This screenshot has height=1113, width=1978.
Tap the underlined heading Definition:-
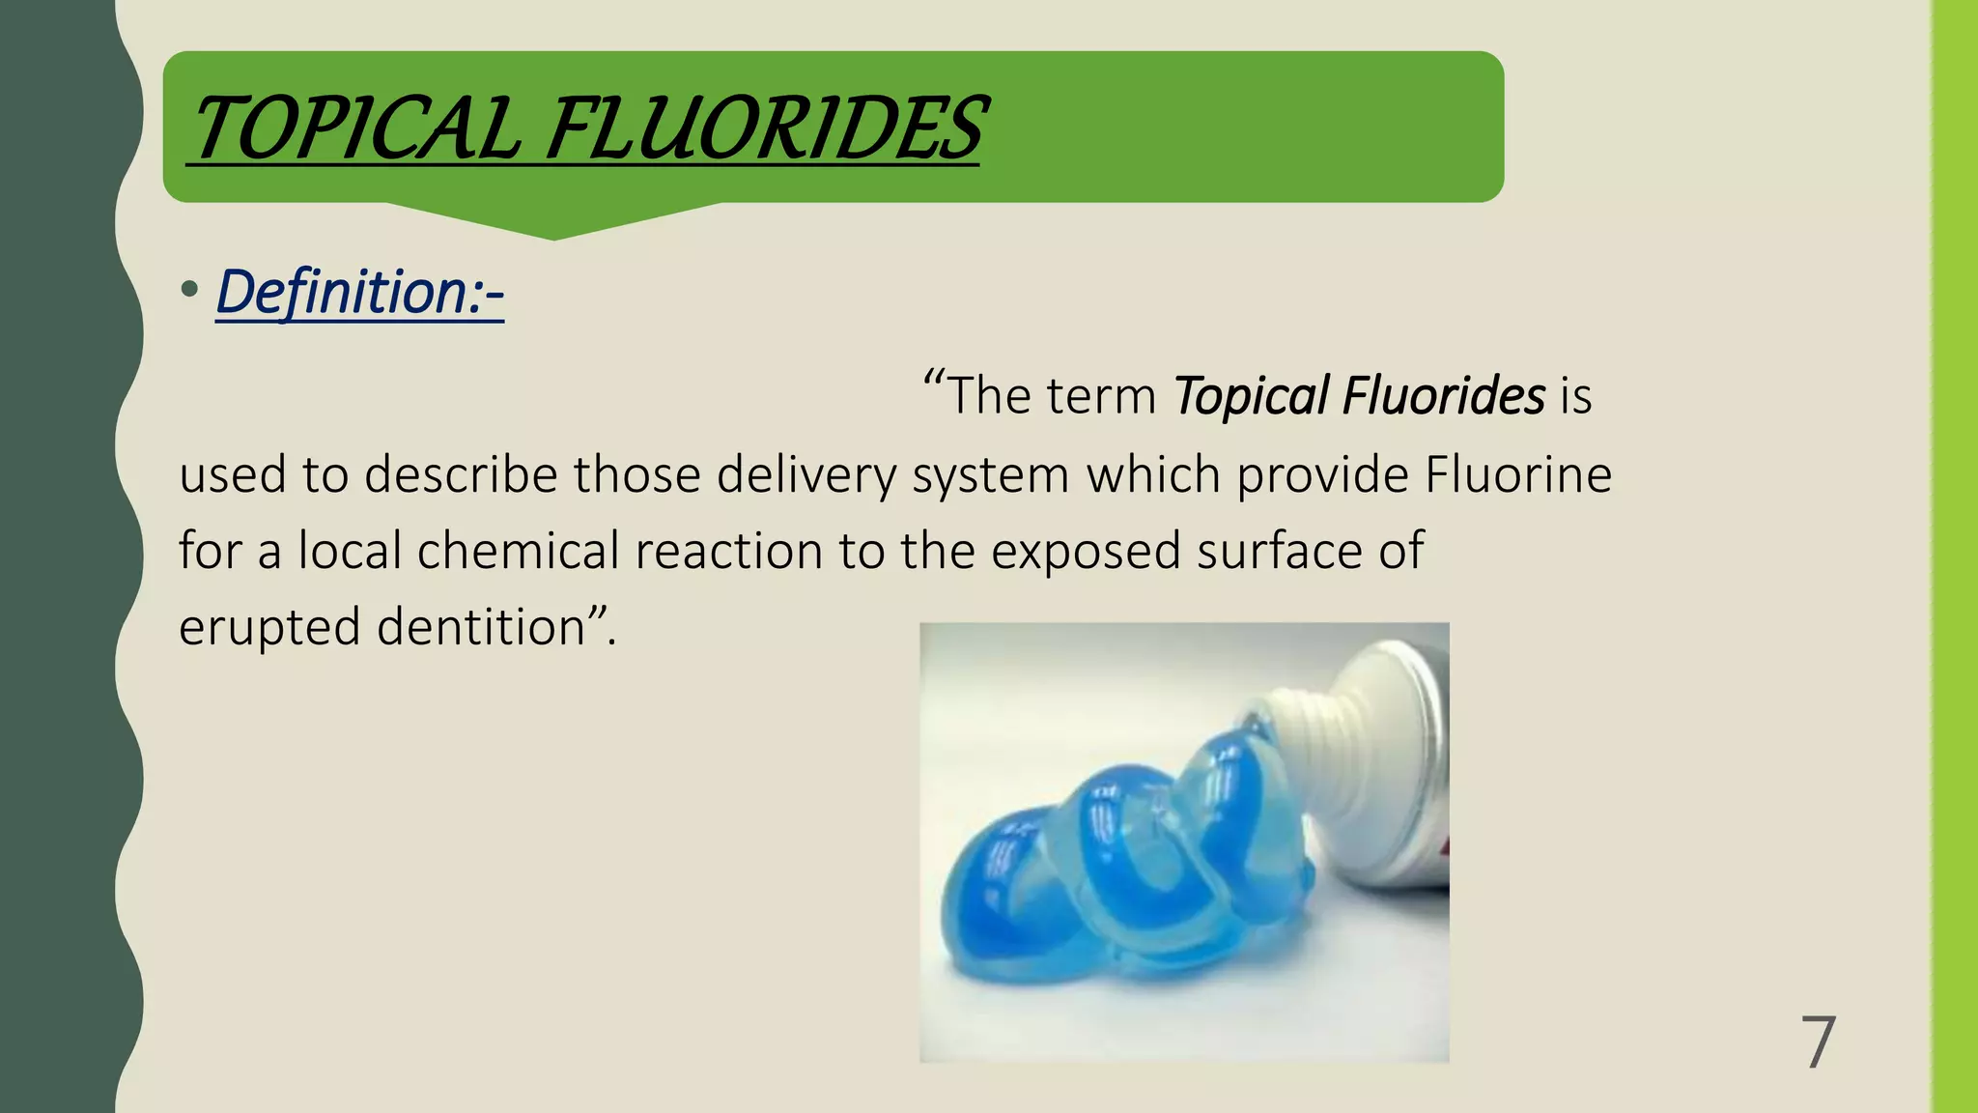tap(359, 291)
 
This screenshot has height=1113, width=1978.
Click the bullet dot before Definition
tap(189, 289)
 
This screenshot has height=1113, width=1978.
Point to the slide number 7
tap(1818, 1042)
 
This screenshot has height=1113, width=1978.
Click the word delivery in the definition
tap(806, 474)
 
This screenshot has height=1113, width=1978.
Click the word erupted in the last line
tap(269, 628)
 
